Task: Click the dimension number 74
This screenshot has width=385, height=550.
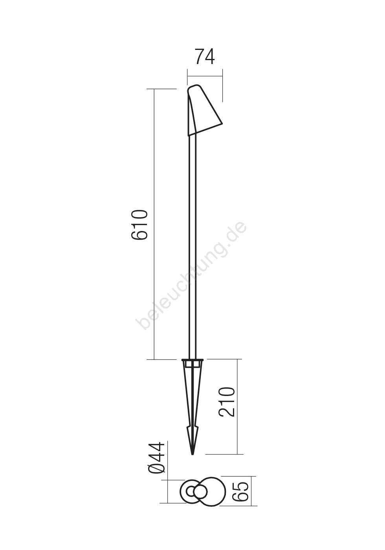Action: point(205,57)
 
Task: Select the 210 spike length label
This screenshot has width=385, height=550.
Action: point(227,402)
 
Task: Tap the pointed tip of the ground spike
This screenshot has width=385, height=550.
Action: point(192,454)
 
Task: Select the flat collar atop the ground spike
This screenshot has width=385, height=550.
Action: point(192,360)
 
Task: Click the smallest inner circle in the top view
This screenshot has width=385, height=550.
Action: point(191,492)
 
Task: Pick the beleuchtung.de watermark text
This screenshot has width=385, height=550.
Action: point(191,275)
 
